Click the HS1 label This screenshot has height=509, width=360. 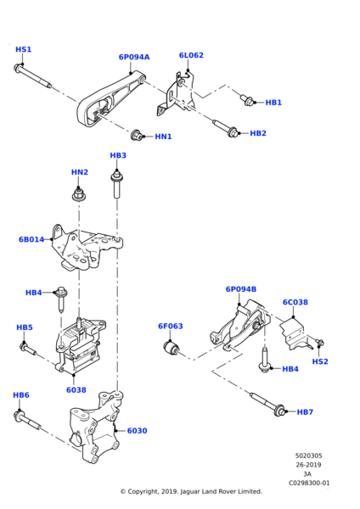tap(24, 50)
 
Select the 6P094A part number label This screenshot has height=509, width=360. tap(133, 58)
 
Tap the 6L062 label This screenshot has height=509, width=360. tap(189, 55)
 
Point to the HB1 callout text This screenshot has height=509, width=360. tap(273, 103)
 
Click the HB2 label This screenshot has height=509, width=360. tap(258, 133)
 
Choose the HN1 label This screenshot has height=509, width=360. tap(163, 137)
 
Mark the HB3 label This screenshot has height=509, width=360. tap(118, 156)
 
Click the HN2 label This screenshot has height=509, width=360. tap(79, 172)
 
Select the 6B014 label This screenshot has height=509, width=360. tap(31, 240)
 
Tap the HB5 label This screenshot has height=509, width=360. tap(25, 327)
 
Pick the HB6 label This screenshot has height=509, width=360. tap(21, 395)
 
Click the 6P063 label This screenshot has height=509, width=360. tap(170, 326)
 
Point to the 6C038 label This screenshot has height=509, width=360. tap(295, 301)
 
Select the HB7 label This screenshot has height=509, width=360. tap(306, 412)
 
